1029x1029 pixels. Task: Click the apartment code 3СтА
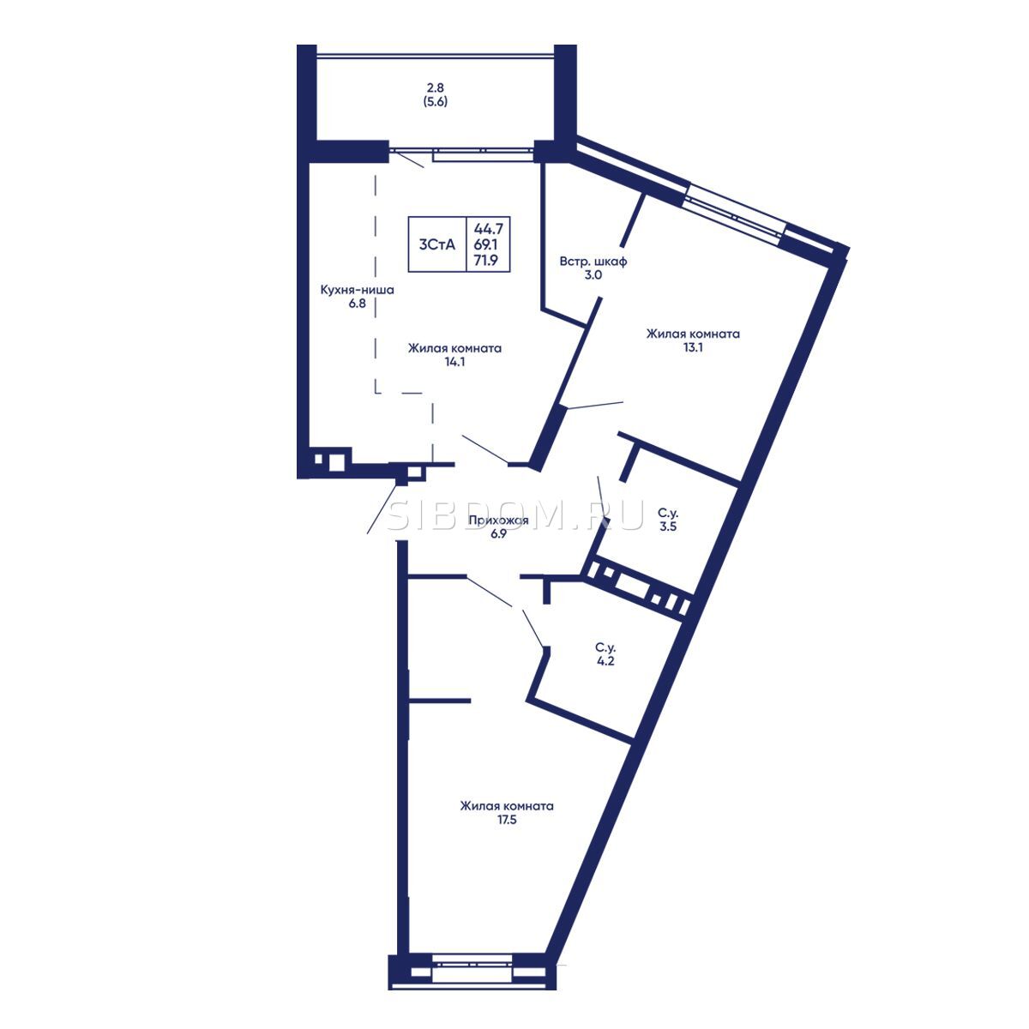(x=436, y=245)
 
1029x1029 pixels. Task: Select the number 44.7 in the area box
(x=489, y=229)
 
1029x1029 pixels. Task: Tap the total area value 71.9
(x=487, y=262)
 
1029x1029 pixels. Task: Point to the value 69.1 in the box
(x=486, y=245)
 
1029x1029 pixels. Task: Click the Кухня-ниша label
(x=358, y=291)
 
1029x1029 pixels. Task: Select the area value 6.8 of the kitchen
(x=358, y=304)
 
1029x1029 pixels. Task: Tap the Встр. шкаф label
(x=593, y=262)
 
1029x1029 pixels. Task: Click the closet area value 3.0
(x=593, y=275)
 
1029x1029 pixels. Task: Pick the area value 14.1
(x=455, y=362)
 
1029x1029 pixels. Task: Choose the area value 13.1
(x=693, y=347)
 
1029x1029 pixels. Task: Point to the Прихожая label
(x=499, y=521)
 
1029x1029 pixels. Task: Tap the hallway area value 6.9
(x=498, y=534)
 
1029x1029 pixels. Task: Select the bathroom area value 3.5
(x=668, y=527)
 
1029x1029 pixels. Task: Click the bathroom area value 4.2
(x=605, y=662)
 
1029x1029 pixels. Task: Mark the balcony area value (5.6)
(x=436, y=101)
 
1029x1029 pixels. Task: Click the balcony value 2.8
(x=436, y=87)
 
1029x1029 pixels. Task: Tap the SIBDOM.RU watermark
(x=514, y=517)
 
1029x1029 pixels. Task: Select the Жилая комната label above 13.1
(x=693, y=334)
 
